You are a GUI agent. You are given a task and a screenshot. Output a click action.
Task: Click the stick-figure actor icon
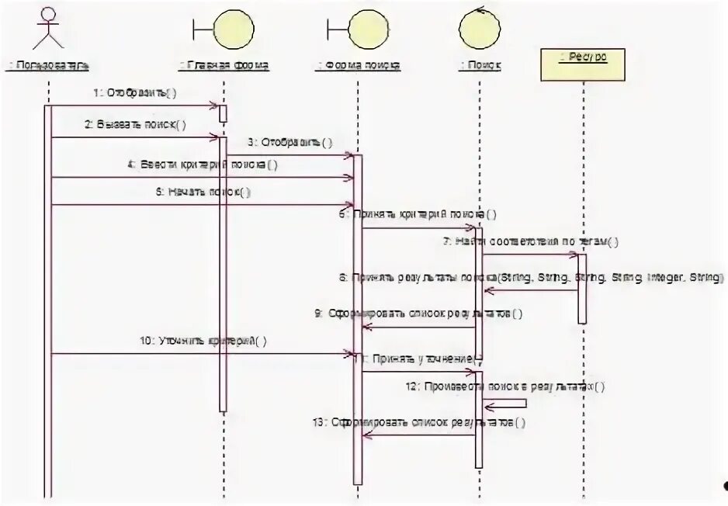pos(48,29)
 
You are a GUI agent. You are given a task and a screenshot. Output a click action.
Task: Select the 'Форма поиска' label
pos(358,66)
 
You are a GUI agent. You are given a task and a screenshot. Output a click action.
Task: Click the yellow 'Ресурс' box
pos(583,64)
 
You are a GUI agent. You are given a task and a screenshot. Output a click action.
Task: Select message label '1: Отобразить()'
pos(135,93)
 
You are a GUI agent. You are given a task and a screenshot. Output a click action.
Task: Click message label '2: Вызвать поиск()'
pos(135,124)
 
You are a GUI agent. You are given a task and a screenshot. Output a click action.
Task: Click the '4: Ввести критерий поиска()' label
pos(203,165)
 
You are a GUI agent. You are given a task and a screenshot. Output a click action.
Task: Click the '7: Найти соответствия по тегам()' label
pos(531,241)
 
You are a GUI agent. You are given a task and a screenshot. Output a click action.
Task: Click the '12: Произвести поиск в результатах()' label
pos(504,386)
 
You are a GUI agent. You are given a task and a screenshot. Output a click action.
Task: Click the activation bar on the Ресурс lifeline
pos(582,288)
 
